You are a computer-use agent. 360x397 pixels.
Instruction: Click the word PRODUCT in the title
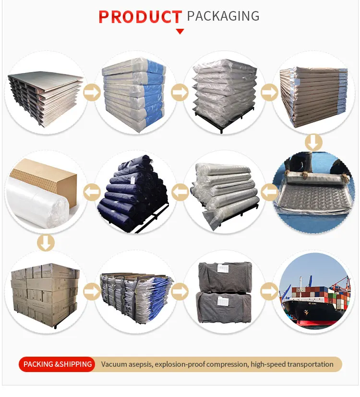pyautogui.click(x=140, y=17)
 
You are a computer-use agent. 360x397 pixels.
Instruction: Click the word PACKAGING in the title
pyautogui.click(x=223, y=16)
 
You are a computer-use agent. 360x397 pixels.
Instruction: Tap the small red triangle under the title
pyautogui.click(x=180, y=31)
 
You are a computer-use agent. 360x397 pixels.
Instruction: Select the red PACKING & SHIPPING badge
pyautogui.click(x=57, y=364)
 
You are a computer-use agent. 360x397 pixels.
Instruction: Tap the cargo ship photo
pyautogui.click(x=314, y=293)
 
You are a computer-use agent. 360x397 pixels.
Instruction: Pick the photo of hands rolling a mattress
pyautogui.click(x=314, y=192)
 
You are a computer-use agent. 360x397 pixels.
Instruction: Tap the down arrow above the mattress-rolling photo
pyautogui.click(x=314, y=143)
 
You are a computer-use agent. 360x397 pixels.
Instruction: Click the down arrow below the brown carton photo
pyautogui.click(x=46, y=242)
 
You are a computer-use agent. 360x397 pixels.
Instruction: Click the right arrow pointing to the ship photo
pyautogui.click(x=269, y=291)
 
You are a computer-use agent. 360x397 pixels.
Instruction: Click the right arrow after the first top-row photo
pyautogui.click(x=91, y=92)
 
